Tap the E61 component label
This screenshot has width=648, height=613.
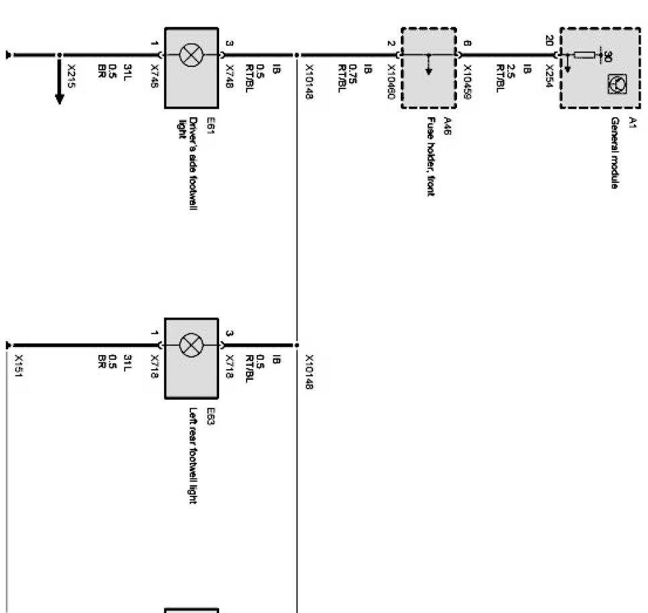click(210, 125)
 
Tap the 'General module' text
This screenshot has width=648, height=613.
click(613, 153)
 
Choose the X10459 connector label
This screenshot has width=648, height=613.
click(467, 82)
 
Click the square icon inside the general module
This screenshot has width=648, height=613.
click(615, 82)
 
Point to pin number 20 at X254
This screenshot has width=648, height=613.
click(549, 41)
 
